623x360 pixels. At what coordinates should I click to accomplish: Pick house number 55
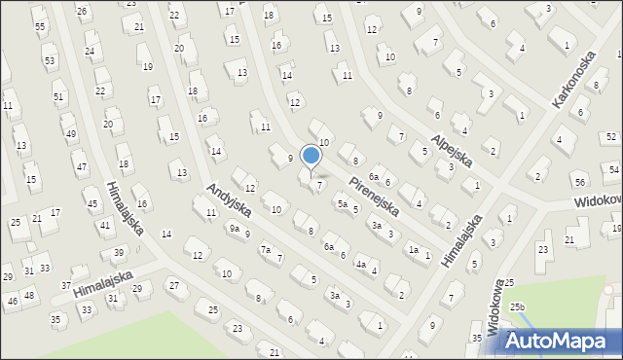(40, 26)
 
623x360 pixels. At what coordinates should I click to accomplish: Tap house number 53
(49, 60)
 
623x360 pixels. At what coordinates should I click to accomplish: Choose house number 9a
(234, 228)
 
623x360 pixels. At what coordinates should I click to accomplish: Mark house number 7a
(265, 250)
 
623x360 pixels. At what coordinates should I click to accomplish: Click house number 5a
(342, 204)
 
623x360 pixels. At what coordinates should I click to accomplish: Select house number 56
(579, 183)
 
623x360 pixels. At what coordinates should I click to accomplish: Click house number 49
(69, 133)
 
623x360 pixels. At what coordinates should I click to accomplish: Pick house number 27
(174, 285)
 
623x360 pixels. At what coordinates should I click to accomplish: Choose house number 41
(105, 226)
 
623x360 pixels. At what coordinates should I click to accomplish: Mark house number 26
(82, 12)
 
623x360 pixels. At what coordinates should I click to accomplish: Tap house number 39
(119, 253)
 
